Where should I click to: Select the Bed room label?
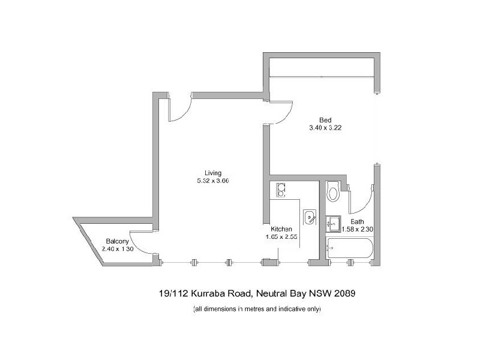point(325,119)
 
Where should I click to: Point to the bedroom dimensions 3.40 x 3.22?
point(325,127)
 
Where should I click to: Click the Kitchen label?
point(281,229)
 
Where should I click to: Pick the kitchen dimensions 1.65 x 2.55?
point(281,237)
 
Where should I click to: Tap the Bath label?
point(358,221)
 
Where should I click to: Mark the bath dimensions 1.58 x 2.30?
point(357,229)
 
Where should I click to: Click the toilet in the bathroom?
point(332,193)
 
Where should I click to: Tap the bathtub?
point(350,247)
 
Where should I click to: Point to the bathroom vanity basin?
point(333,224)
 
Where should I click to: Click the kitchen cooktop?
point(280,190)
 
